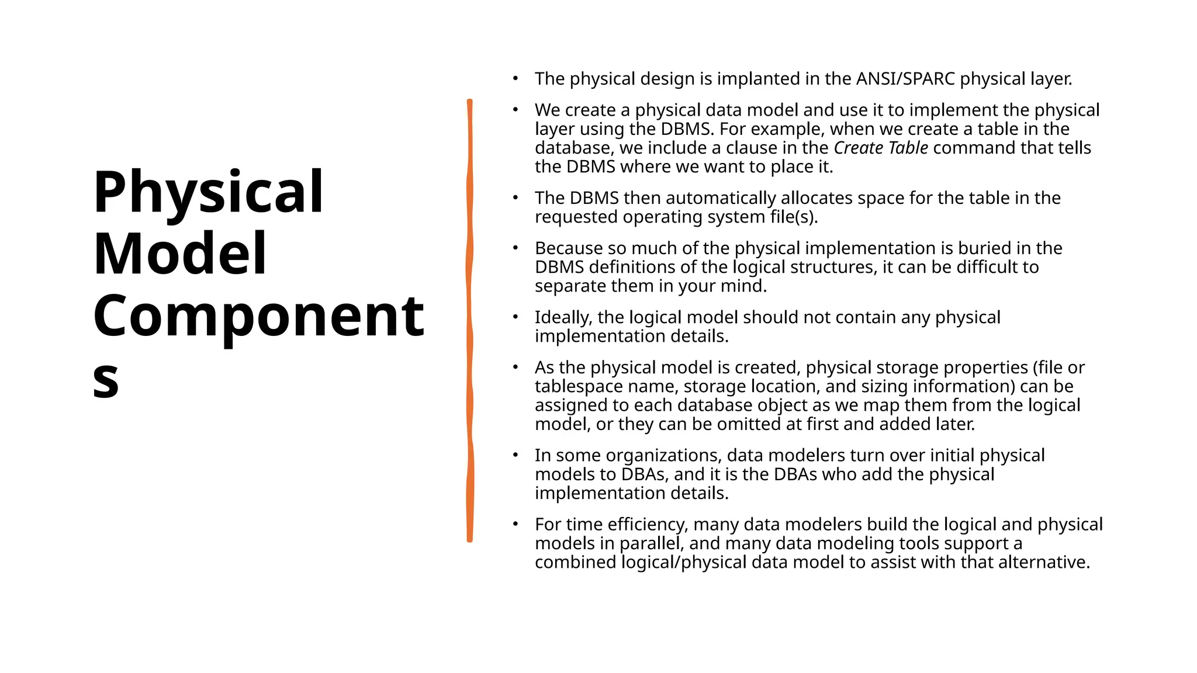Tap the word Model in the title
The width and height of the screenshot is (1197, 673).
click(x=179, y=254)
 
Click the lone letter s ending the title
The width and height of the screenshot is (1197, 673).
click(x=106, y=380)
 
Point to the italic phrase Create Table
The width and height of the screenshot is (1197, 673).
click(x=880, y=148)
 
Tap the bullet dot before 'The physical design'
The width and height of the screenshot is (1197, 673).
click(x=515, y=78)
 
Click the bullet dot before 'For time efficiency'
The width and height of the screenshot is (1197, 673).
click(x=515, y=524)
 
